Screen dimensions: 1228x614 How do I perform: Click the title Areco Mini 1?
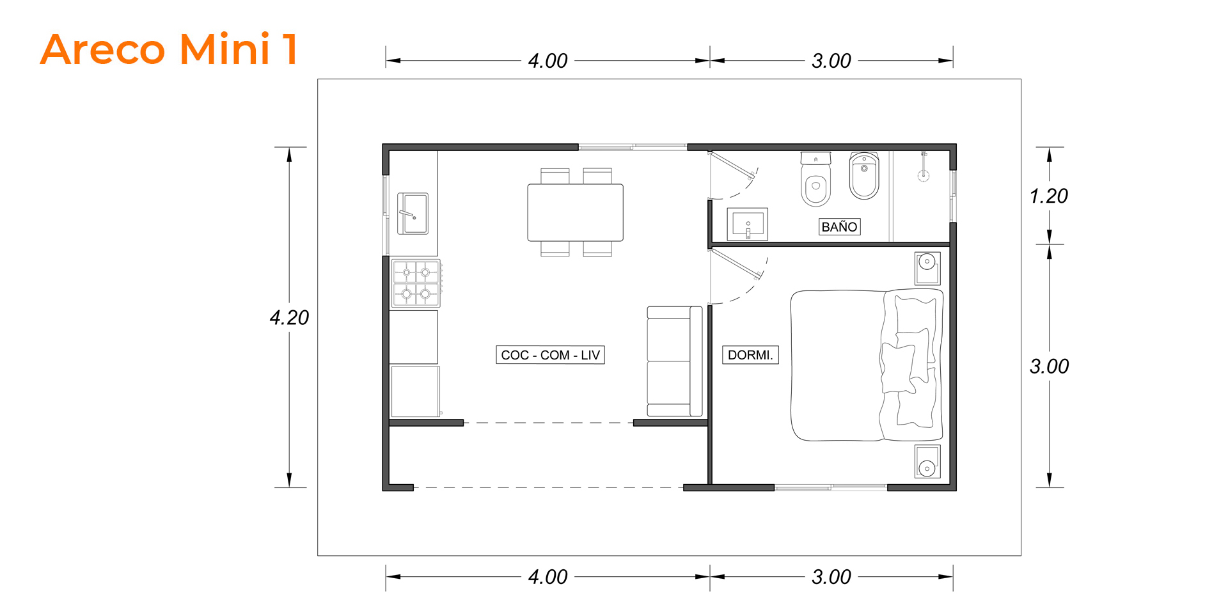169,49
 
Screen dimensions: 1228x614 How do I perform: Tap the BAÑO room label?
839,227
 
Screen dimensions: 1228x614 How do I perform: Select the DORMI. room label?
750,355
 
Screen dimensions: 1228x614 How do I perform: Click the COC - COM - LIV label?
550,355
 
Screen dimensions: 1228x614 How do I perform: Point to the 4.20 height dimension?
289,317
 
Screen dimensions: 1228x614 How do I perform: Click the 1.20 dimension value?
1049,196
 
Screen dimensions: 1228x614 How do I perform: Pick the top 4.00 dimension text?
547,61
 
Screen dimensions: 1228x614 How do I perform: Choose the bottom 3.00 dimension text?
831,577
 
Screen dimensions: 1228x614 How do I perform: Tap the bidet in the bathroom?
864,175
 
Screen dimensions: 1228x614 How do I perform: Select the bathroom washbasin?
748,224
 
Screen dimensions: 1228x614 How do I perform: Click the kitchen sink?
413,214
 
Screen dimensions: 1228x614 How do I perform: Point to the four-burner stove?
416,283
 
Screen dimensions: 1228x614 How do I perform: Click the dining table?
575,212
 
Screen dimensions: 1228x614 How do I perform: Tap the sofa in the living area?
675,361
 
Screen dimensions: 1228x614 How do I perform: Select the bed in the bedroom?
867,365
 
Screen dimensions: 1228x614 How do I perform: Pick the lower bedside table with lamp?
927,462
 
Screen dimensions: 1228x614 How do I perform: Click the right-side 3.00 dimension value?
1050,366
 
